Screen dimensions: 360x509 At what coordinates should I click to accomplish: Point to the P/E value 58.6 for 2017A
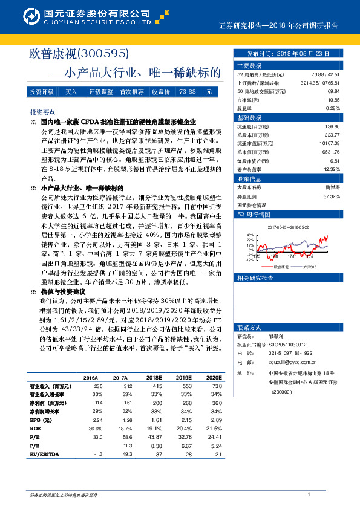click(x=126, y=436)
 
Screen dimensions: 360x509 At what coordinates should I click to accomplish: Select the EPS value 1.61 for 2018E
click(x=156, y=419)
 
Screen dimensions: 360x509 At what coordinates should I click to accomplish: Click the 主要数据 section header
click(x=249, y=65)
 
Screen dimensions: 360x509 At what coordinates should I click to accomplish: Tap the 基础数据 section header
click(x=249, y=117)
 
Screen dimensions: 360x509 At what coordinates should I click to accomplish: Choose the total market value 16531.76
click(x=330, y=153)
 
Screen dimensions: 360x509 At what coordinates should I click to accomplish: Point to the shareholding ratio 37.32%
click(x=332, y=196)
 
